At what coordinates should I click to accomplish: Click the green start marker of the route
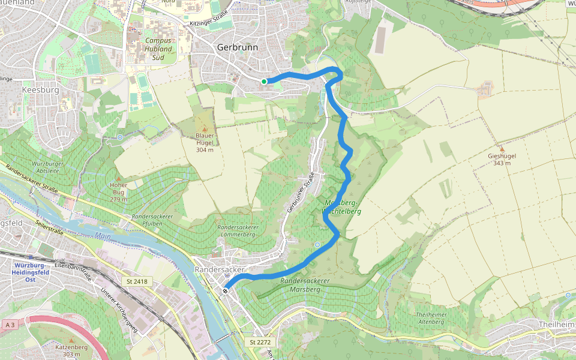click(264, 82)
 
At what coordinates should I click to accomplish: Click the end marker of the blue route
click(226, 291)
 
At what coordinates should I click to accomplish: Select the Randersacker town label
click(220, 270)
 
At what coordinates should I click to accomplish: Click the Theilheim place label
click(554, 324)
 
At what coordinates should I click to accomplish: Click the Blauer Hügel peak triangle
click(205, 129)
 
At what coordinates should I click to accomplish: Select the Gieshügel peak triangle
click(502, 148)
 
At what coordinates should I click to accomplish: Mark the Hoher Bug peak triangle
click(118, 178)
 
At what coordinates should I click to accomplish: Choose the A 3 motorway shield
click(9, 325)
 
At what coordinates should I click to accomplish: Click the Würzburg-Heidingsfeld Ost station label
click(31, 272)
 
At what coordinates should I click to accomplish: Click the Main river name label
click(103, 236)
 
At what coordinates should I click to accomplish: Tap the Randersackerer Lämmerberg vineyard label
click(238, 231)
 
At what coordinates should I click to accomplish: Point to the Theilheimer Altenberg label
click(430, 318)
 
